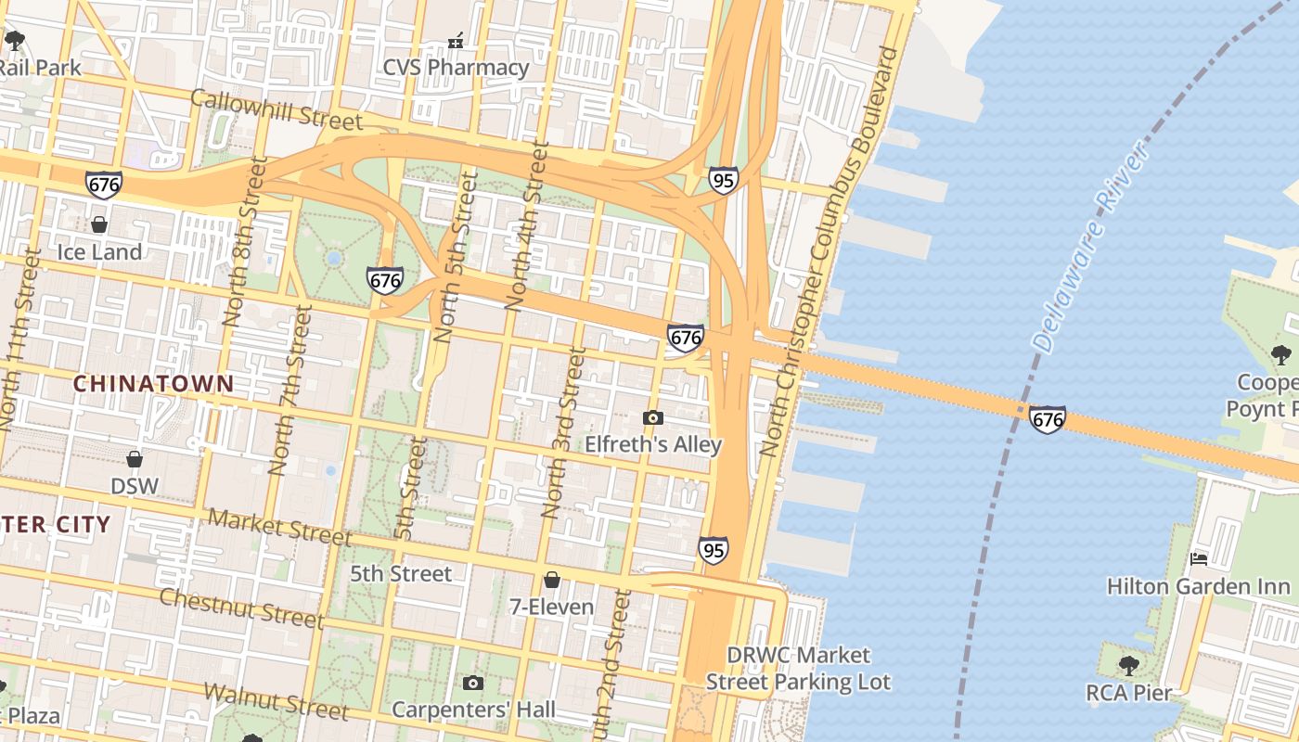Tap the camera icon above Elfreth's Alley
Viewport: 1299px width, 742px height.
tap(653, 417)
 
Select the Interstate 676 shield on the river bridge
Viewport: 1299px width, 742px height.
tap(1047, 420)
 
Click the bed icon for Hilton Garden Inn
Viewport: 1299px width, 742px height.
tap(1198, 558)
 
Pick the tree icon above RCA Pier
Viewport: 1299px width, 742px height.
tap(1128, 665)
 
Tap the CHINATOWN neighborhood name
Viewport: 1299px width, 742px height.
tap(153, 383)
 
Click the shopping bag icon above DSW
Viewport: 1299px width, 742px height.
tap(135, 459)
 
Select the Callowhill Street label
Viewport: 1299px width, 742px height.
tap(277, 110)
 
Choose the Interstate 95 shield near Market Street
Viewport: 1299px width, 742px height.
tap(713, 550)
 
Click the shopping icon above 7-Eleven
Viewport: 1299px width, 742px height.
tap(552, 580)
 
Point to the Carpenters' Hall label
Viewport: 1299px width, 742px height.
tap(473, 710)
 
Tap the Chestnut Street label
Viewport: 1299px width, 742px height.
tap(241, 608)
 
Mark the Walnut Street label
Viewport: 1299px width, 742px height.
tap(276, 701)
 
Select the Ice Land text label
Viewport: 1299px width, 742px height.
tap(99, 252)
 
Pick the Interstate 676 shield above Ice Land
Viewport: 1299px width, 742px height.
tap(103, 184)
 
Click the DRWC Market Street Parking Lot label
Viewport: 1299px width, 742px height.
tap(798, 669)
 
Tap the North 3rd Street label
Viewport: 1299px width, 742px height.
tap(564, 432)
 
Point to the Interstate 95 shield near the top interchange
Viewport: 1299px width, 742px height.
tap(723, 180)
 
